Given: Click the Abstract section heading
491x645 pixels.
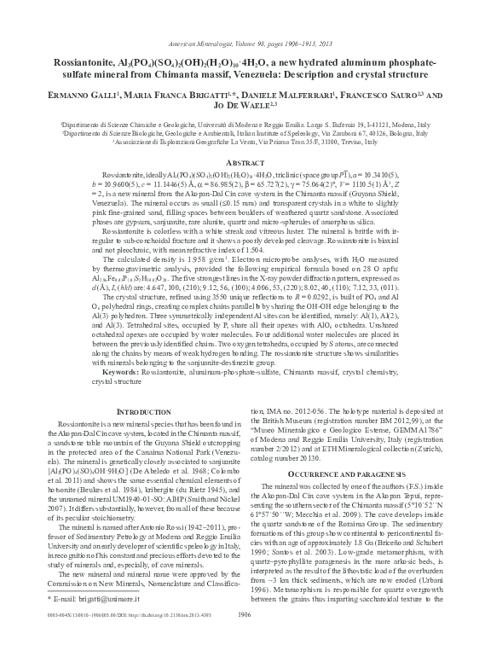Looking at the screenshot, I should tap(245, 164).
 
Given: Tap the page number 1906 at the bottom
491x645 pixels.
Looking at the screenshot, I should tap(245, 636).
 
